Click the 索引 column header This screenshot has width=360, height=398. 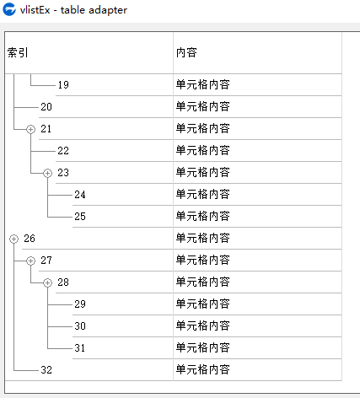pos(18,52)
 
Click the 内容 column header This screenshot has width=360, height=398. pos(186,52)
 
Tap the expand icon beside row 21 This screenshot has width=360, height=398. pos(30,129)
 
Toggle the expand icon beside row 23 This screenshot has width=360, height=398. pos(47,173)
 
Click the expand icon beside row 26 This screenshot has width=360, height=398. pos(13,239)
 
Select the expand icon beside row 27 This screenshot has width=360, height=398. pos(30,261)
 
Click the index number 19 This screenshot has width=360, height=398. pos(63,85)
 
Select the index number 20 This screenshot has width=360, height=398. pos(46,107)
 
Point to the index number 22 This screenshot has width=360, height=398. pos(63,151)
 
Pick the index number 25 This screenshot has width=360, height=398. pos(80,217)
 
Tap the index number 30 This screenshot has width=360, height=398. pos(80,326)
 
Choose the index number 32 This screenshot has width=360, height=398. pos(46,370)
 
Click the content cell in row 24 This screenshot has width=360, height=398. pos(203,195)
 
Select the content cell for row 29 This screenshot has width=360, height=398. pos(203,304)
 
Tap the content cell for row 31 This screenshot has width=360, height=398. pos(203,348)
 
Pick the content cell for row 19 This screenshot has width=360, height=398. pos(203,85)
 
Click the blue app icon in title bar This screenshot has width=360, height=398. pos(9,9)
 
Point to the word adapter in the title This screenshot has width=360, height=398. pos(108,11)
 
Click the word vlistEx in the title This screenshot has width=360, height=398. pos(35,10)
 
